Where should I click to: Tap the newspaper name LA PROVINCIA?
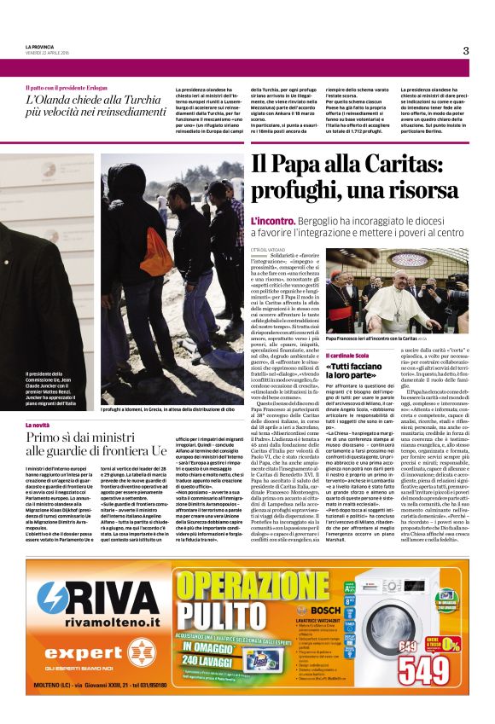click(41, 47)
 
